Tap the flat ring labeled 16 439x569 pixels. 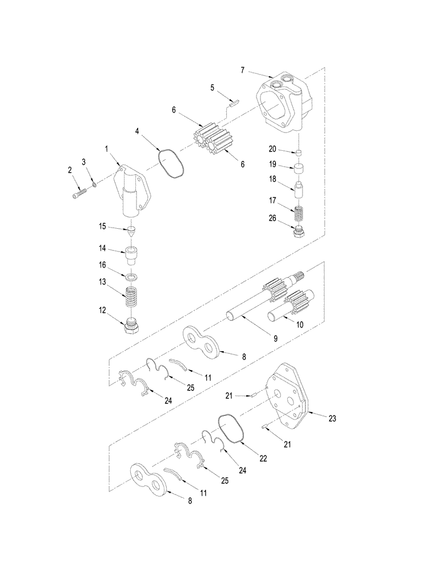click(132, 277)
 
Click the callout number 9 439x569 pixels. click(275, 338)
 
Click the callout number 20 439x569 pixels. click(272, 149)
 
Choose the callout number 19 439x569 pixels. click(272, 164)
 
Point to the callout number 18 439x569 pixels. click(272, 179)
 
